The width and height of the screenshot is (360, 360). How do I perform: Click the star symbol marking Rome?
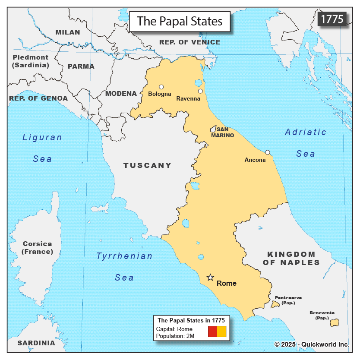click(x=210, y=278)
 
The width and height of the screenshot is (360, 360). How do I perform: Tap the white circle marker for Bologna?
click(x=161, y=87)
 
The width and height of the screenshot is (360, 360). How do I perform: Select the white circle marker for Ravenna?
click(x=200, y=91)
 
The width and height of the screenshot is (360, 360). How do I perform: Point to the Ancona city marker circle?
click(x=268, y=152)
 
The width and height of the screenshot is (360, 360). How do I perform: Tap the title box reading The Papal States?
click(x=180, y=21)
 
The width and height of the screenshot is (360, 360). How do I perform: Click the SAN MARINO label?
click(x=223, y=133)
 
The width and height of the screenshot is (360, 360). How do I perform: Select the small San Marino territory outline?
click(x=213, y=129)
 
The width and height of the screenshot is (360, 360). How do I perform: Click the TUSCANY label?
click(x=147, y=165)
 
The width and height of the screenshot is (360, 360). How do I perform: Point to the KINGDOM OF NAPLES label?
click(x=291, y=258)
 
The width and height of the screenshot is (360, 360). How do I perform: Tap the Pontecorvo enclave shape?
click(x=275, y=304)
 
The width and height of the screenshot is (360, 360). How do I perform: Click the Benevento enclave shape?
click(x=334, y=322)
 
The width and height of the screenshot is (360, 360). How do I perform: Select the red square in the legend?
click(x=212, y=332)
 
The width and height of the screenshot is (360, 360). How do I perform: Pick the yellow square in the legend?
click(x=221, y=332)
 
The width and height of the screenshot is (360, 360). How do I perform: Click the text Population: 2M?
click(x=175, y=336)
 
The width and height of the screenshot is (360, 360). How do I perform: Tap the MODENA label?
click(x=121, y=94)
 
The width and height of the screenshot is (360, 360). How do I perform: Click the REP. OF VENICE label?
click(x=189, y=42)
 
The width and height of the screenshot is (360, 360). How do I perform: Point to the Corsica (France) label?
click(x=38, y=248)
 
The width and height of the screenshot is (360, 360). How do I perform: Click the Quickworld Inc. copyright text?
click(x=312, y=344)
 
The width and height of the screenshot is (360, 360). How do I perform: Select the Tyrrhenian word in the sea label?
click(x=124, y=256)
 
